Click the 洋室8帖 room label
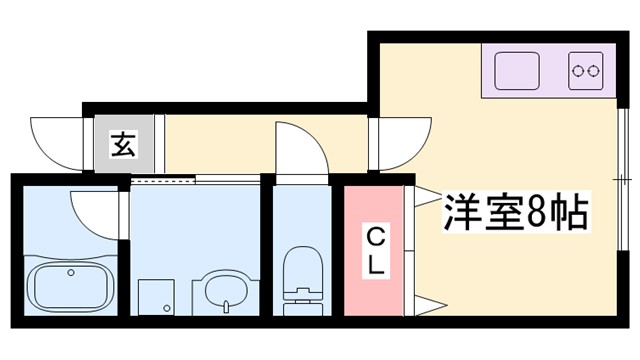tap(514, 212)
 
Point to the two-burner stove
tap(585, 70)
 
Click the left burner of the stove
tap(578, 70)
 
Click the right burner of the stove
tap(593, 70)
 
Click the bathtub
tap(69, 287)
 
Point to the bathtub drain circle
tap(71, 271)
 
